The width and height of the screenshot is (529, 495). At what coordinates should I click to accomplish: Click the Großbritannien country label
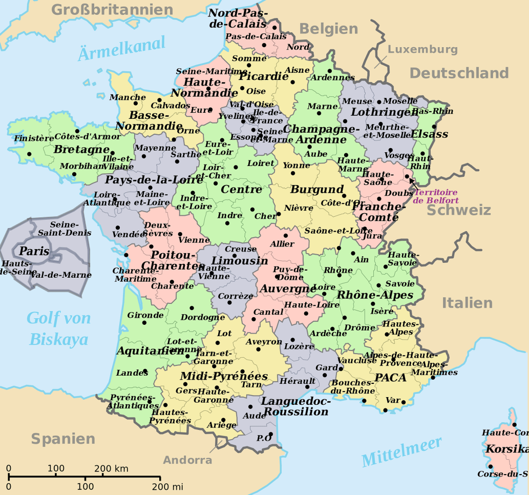coord(112,10)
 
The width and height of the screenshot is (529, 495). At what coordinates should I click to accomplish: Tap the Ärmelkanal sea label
coord(121,49)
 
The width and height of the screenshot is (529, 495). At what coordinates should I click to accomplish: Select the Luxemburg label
coord(422,49)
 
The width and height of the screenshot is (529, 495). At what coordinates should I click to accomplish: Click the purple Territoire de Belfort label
coord(436,196)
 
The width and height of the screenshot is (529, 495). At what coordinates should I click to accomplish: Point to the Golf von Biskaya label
coord(59,328)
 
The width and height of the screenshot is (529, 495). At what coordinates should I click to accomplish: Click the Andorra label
coord(187,460)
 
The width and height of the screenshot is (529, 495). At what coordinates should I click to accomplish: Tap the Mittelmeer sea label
coord(401,452)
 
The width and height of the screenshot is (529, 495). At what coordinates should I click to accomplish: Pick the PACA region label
coord(390,378)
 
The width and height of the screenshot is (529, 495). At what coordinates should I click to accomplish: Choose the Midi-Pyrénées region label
coord(224,377)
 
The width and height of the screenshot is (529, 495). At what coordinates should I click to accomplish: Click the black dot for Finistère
coord(29,154)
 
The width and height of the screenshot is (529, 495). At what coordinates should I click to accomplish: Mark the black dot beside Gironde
coord(144,323)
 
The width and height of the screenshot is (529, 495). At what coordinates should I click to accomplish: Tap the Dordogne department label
coord(202,317)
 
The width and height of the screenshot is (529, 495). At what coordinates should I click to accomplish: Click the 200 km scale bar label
coord(111,468)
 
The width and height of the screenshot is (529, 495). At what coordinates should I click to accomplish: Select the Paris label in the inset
coord(34,251)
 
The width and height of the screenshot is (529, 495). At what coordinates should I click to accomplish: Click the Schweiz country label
coord(459,210)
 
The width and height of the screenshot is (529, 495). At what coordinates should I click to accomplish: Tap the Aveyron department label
coord(264,342)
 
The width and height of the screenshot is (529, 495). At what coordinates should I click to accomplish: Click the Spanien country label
coord(63,439)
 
